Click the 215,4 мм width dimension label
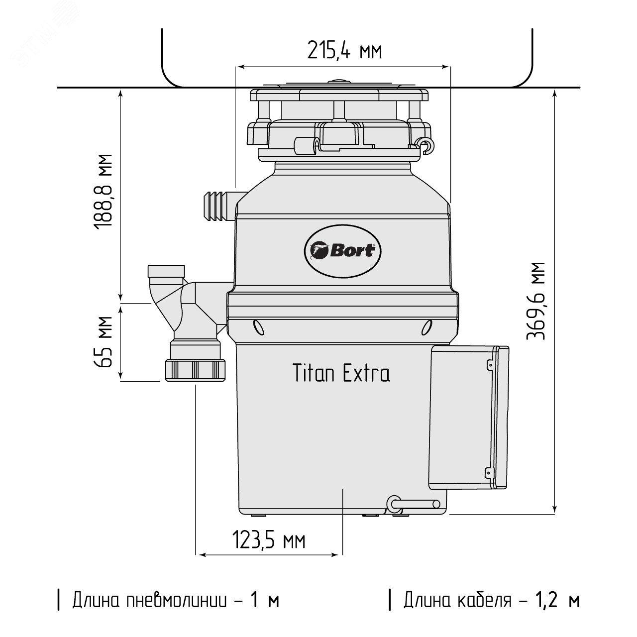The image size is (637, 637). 344,50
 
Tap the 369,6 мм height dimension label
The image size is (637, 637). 536,301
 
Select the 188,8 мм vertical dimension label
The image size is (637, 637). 103,192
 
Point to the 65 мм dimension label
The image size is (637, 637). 104,342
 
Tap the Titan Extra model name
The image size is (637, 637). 341,373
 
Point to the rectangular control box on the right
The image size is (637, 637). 469,417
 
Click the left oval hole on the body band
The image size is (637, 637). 258,327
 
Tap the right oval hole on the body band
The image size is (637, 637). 426,327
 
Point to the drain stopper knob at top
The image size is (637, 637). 340,81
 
